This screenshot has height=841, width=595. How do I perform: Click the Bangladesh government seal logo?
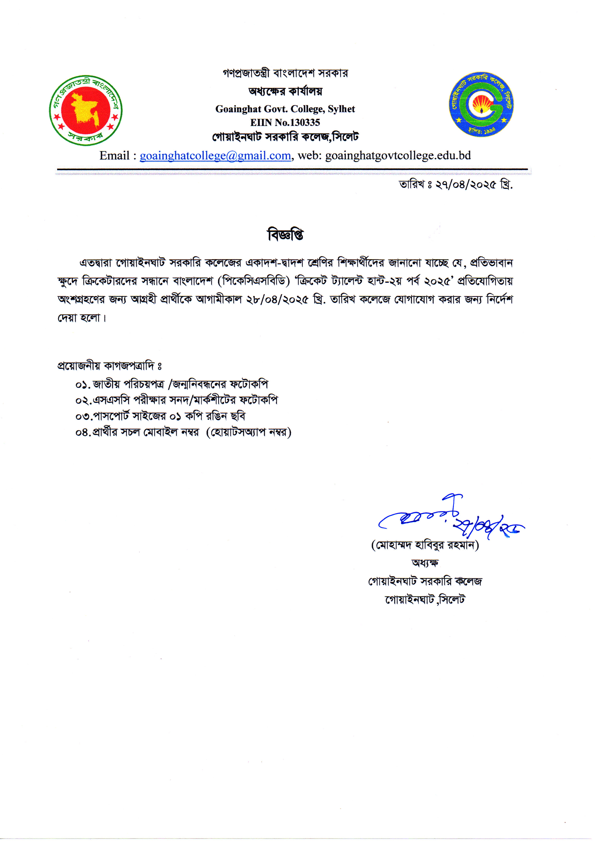(86, 110)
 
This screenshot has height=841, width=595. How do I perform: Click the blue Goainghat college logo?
(481, 104)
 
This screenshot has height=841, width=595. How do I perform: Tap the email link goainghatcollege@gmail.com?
(215, 156)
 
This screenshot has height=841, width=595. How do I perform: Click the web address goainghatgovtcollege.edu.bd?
(398, 156)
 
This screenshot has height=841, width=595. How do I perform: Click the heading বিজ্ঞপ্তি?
(285, 235)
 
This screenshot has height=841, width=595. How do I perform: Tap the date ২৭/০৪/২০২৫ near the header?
(466, 185)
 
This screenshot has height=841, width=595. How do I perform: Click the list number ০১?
(82, 385)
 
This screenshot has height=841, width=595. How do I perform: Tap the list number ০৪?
(82, 433)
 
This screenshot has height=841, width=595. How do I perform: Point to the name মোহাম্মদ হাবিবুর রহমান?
(425, 545)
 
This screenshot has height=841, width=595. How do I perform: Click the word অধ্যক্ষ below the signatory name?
(425, 563)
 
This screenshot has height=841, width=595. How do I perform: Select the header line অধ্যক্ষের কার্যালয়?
(285, 91)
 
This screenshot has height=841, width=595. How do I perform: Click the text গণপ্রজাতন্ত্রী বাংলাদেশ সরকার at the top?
(285, 73)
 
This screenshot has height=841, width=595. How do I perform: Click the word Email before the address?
(114, 156)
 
